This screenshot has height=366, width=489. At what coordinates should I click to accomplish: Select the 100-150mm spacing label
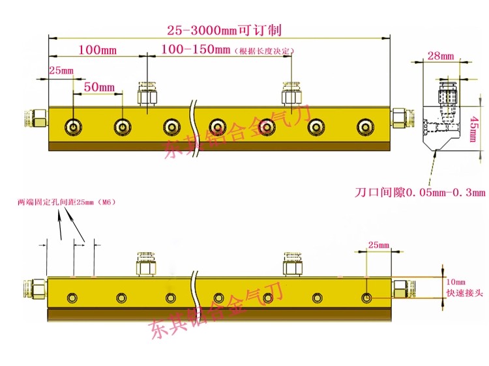coord(196,49)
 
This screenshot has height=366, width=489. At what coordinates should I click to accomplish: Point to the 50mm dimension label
coord(99,87)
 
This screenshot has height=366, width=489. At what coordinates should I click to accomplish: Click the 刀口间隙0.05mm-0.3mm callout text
coord(420,192)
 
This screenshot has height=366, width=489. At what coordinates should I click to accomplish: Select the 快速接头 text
coord(464,294)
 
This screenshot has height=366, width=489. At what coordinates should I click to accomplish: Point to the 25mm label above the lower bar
coord(378,245)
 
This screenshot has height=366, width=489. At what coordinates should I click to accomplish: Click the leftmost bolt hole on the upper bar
coord(74,126)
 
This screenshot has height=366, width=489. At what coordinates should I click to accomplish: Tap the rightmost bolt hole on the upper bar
coord(363,126)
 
